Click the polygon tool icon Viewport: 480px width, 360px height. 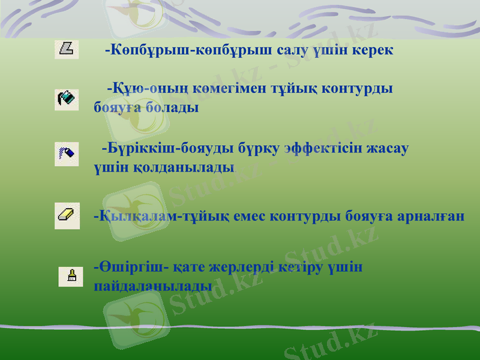click(x=67, y=49)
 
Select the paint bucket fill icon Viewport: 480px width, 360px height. click(x=67, y=99)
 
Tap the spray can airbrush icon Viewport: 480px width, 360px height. click(x=67, y=154)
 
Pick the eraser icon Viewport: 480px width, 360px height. click(x=67, y=215)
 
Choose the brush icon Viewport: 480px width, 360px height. click(x=71, y=276)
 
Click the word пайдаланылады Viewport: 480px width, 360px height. click(x=153, y=285)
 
